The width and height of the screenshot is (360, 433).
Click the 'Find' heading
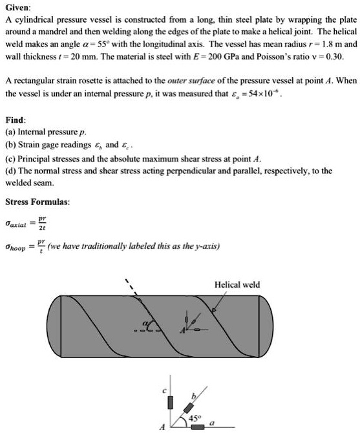tap(16, 138)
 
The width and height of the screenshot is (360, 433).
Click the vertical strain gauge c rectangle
tap(171, 404)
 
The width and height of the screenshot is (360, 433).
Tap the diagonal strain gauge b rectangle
tap(189, 408)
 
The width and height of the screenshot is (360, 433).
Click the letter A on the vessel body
tap(182, 330)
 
